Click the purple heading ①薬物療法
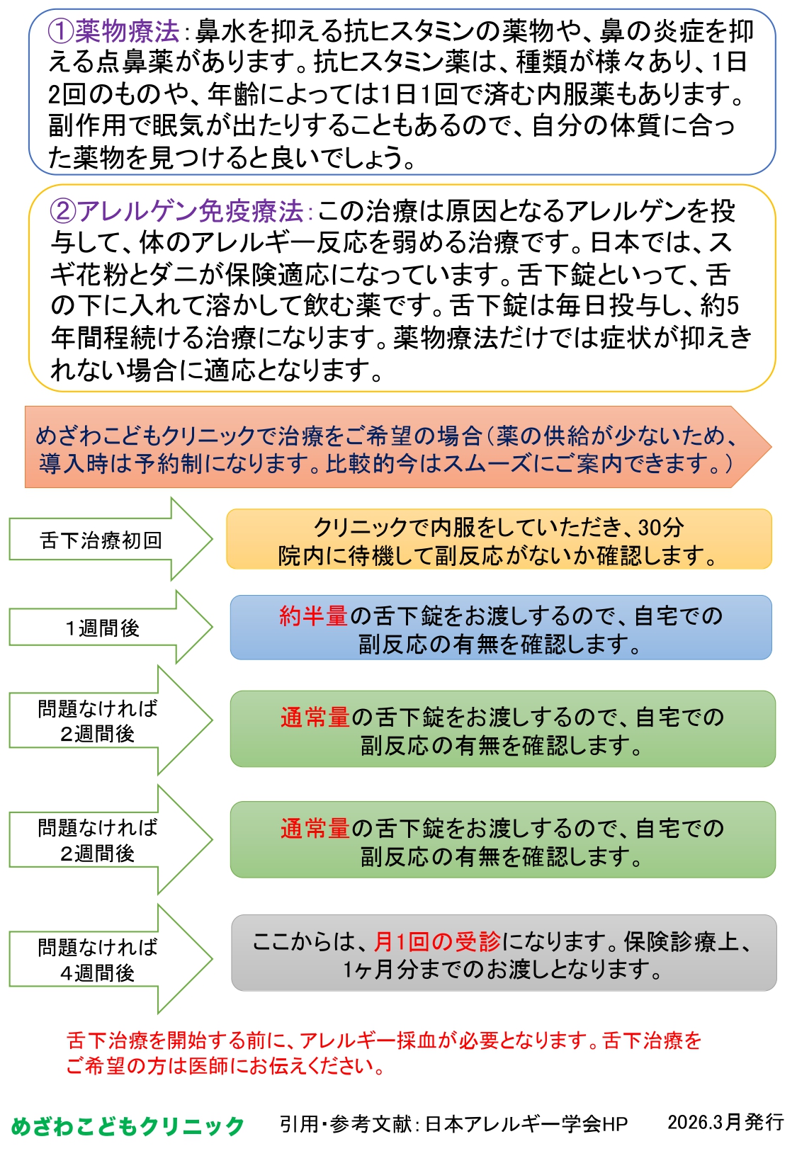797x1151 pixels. click(113, 32)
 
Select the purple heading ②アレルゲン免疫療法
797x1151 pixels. click(177, 211)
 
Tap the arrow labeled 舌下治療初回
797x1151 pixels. click(101, 540)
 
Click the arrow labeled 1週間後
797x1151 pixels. click(103, 628)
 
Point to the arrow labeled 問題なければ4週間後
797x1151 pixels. click(98, 960)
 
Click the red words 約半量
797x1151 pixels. click(313, 616)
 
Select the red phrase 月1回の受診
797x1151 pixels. click(437, 941)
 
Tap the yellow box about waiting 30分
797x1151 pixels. click(499, 540)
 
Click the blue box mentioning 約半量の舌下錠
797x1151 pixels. click(500, 628)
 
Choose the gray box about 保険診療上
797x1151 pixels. click(503, 953)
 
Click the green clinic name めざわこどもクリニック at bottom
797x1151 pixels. click(128, 1126)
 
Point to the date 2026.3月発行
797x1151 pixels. click(725, 1122)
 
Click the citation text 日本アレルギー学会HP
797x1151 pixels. click(526, 1124)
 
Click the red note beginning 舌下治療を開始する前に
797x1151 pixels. click(383, 1053)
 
